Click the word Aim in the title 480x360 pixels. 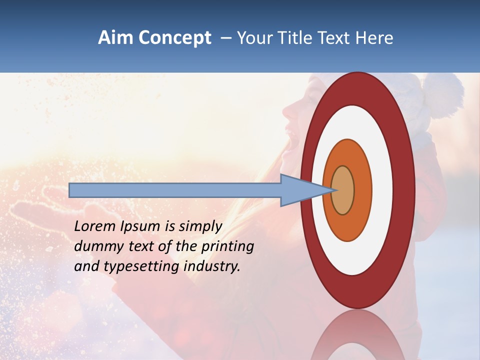[x=115, y=38]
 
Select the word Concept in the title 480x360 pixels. [x=174, y=38]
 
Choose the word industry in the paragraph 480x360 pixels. [x=212, y=266]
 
